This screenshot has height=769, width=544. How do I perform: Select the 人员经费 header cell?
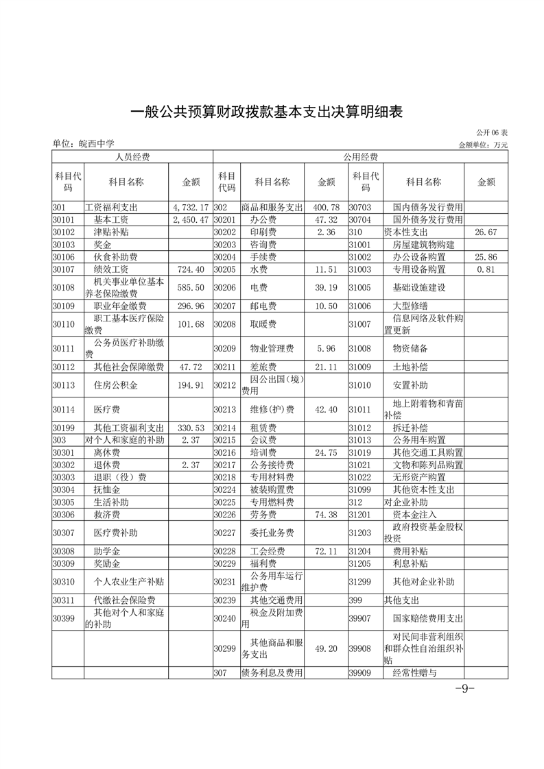point(132,157)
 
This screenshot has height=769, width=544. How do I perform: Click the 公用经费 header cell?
point(360,157)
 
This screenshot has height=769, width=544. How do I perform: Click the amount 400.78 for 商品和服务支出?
point(326,207)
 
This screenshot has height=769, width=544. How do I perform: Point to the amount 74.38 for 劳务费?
point(326,514)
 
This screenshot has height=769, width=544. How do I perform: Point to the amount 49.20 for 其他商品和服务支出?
point(326,648)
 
